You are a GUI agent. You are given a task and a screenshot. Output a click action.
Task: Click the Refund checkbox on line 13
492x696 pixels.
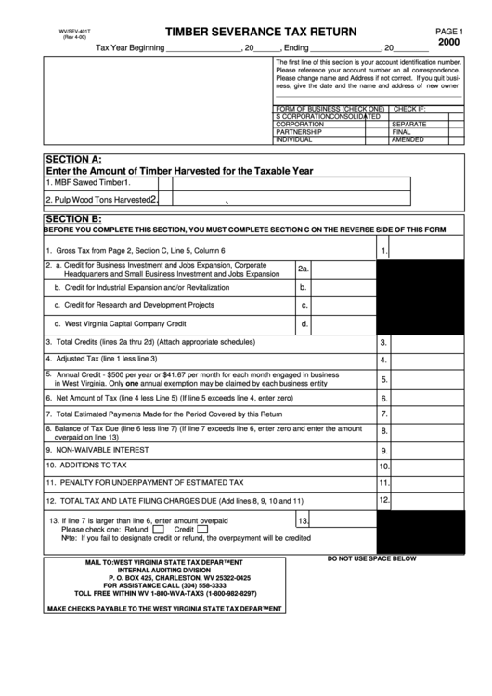pos(158,530)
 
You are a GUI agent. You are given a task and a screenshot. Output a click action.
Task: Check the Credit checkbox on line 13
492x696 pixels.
pos(204,530)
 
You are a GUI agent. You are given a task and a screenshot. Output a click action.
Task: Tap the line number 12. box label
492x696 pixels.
pos(383,500)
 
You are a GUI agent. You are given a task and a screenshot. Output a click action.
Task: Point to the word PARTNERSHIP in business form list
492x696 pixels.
pos(299,132)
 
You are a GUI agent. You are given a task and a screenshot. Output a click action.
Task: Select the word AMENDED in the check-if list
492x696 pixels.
pos(408,139)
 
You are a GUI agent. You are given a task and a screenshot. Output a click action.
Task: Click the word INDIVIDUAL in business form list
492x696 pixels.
pos(294,139)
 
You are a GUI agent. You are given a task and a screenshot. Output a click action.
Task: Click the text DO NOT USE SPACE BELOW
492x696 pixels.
pos(371,558)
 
